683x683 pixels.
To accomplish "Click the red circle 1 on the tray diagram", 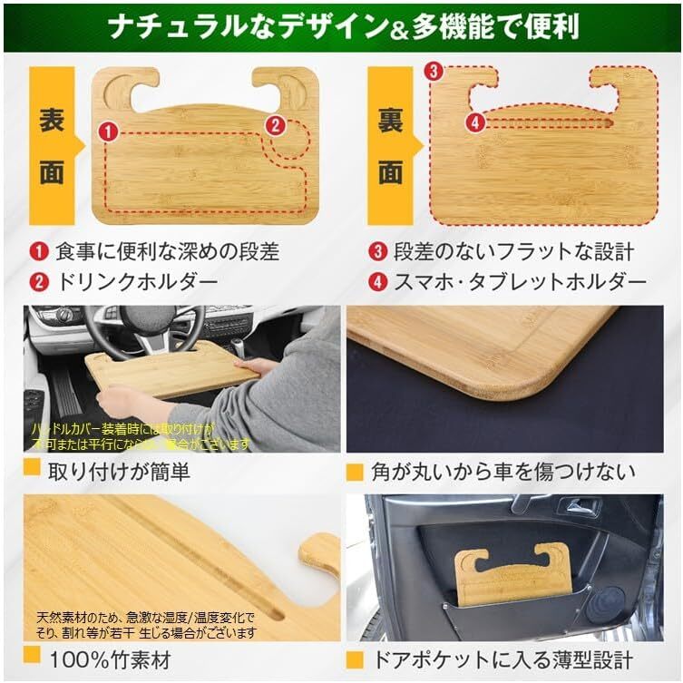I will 109,132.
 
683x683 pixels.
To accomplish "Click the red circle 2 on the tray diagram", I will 269,126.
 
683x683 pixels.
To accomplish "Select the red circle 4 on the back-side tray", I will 474,121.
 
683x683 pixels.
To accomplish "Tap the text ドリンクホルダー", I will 136,281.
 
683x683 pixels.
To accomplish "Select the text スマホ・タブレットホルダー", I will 520,281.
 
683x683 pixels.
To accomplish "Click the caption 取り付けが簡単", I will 119,472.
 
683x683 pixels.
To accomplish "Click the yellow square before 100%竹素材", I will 32,656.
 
